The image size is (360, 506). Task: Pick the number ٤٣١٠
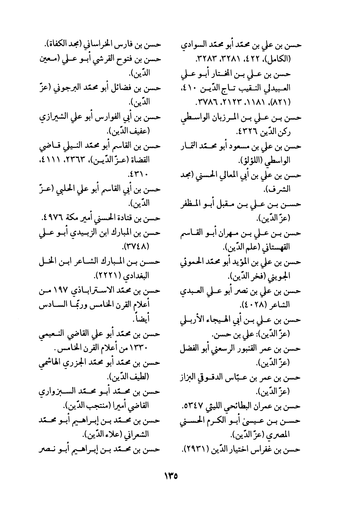[137, 175]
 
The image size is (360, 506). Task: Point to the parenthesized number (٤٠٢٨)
[252, 305]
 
